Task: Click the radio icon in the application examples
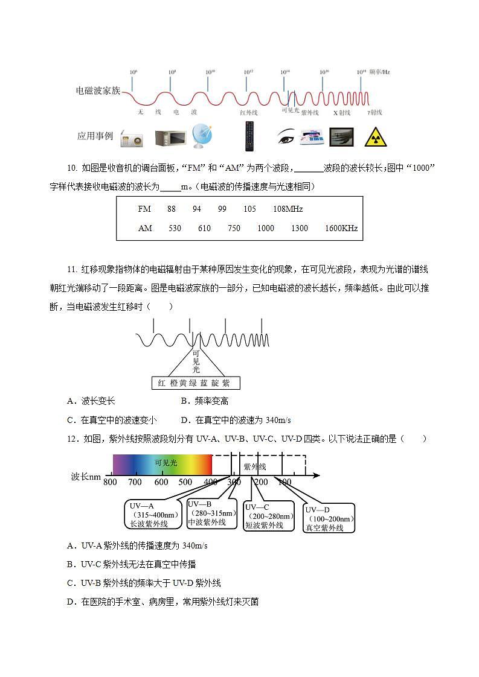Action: click(132, 138)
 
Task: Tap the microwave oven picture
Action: click(170, 138)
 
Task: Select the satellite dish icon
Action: click(202, 136)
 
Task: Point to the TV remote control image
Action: click(249, 136)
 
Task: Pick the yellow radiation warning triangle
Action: click(375, 138)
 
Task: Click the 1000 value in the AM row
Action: click(265, 228)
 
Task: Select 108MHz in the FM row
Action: click(288, 209)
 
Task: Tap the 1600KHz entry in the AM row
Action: click(341, 228)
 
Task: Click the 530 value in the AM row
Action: click(175, 228)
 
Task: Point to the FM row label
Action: click(144, 209)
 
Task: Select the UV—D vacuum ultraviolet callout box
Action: click(329, 518)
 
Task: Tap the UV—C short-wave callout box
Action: click(269, 516)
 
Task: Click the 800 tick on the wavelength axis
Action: click(110, 482)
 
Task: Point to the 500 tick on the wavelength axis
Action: click(185, 482)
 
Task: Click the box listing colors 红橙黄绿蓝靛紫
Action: click(194, 383)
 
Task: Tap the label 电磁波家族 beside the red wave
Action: click(98, 91)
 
